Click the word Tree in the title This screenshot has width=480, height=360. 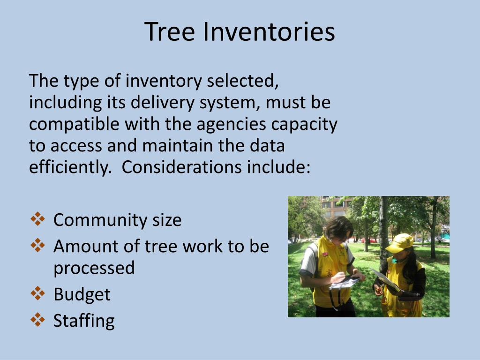(170, 32)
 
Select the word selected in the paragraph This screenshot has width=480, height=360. (243, 81)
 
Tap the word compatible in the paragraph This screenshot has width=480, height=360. (75, 125)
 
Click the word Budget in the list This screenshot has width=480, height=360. (82, 294)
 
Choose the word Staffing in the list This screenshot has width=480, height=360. (84, 321)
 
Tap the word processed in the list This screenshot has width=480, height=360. (94, 268)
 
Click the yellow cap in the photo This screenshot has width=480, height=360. (400, 242)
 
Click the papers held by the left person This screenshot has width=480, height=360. (345, 283)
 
